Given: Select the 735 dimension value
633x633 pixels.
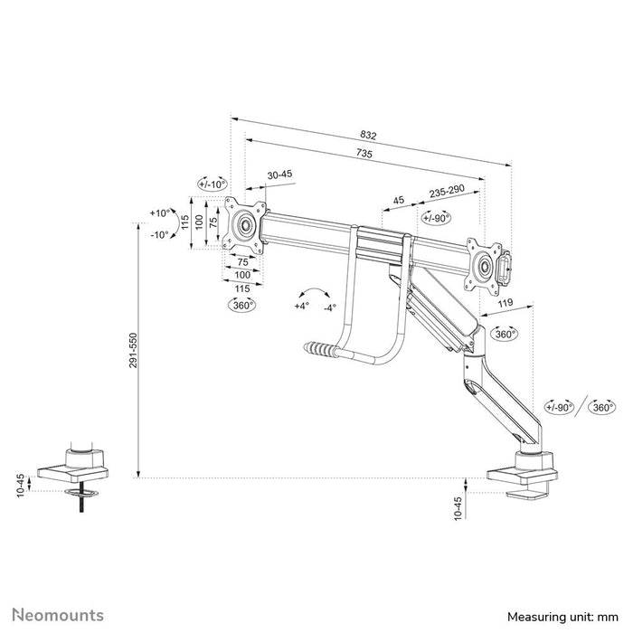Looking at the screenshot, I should click(364, 155).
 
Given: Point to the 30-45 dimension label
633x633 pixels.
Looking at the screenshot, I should click(279, 175).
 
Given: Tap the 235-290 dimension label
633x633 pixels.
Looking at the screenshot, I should click(447, 193).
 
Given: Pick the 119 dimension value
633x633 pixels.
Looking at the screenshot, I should click(506, 304).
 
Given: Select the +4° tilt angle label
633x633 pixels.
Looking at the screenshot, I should click(301, 306).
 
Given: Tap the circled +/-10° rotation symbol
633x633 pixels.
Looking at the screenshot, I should click(214, 184).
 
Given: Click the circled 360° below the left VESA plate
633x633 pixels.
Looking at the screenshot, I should click(241, 306).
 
